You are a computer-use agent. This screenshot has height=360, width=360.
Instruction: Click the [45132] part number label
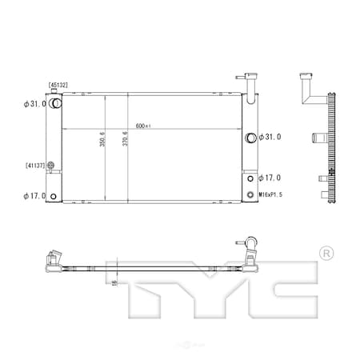coord(58,85)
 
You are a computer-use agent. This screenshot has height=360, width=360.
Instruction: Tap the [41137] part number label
coord(34,166)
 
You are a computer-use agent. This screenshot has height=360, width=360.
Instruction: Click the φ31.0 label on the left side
coord(33,103)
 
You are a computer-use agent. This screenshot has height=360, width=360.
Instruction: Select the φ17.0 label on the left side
coord(33,195)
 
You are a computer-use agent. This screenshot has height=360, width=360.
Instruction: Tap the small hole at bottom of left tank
coord(54,195)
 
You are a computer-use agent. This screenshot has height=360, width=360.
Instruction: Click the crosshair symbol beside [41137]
coord(50,166)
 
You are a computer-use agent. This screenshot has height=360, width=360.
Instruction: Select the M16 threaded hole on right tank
coord(250,194)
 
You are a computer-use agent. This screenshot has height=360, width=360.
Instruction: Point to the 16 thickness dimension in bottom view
coord(114,282)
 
